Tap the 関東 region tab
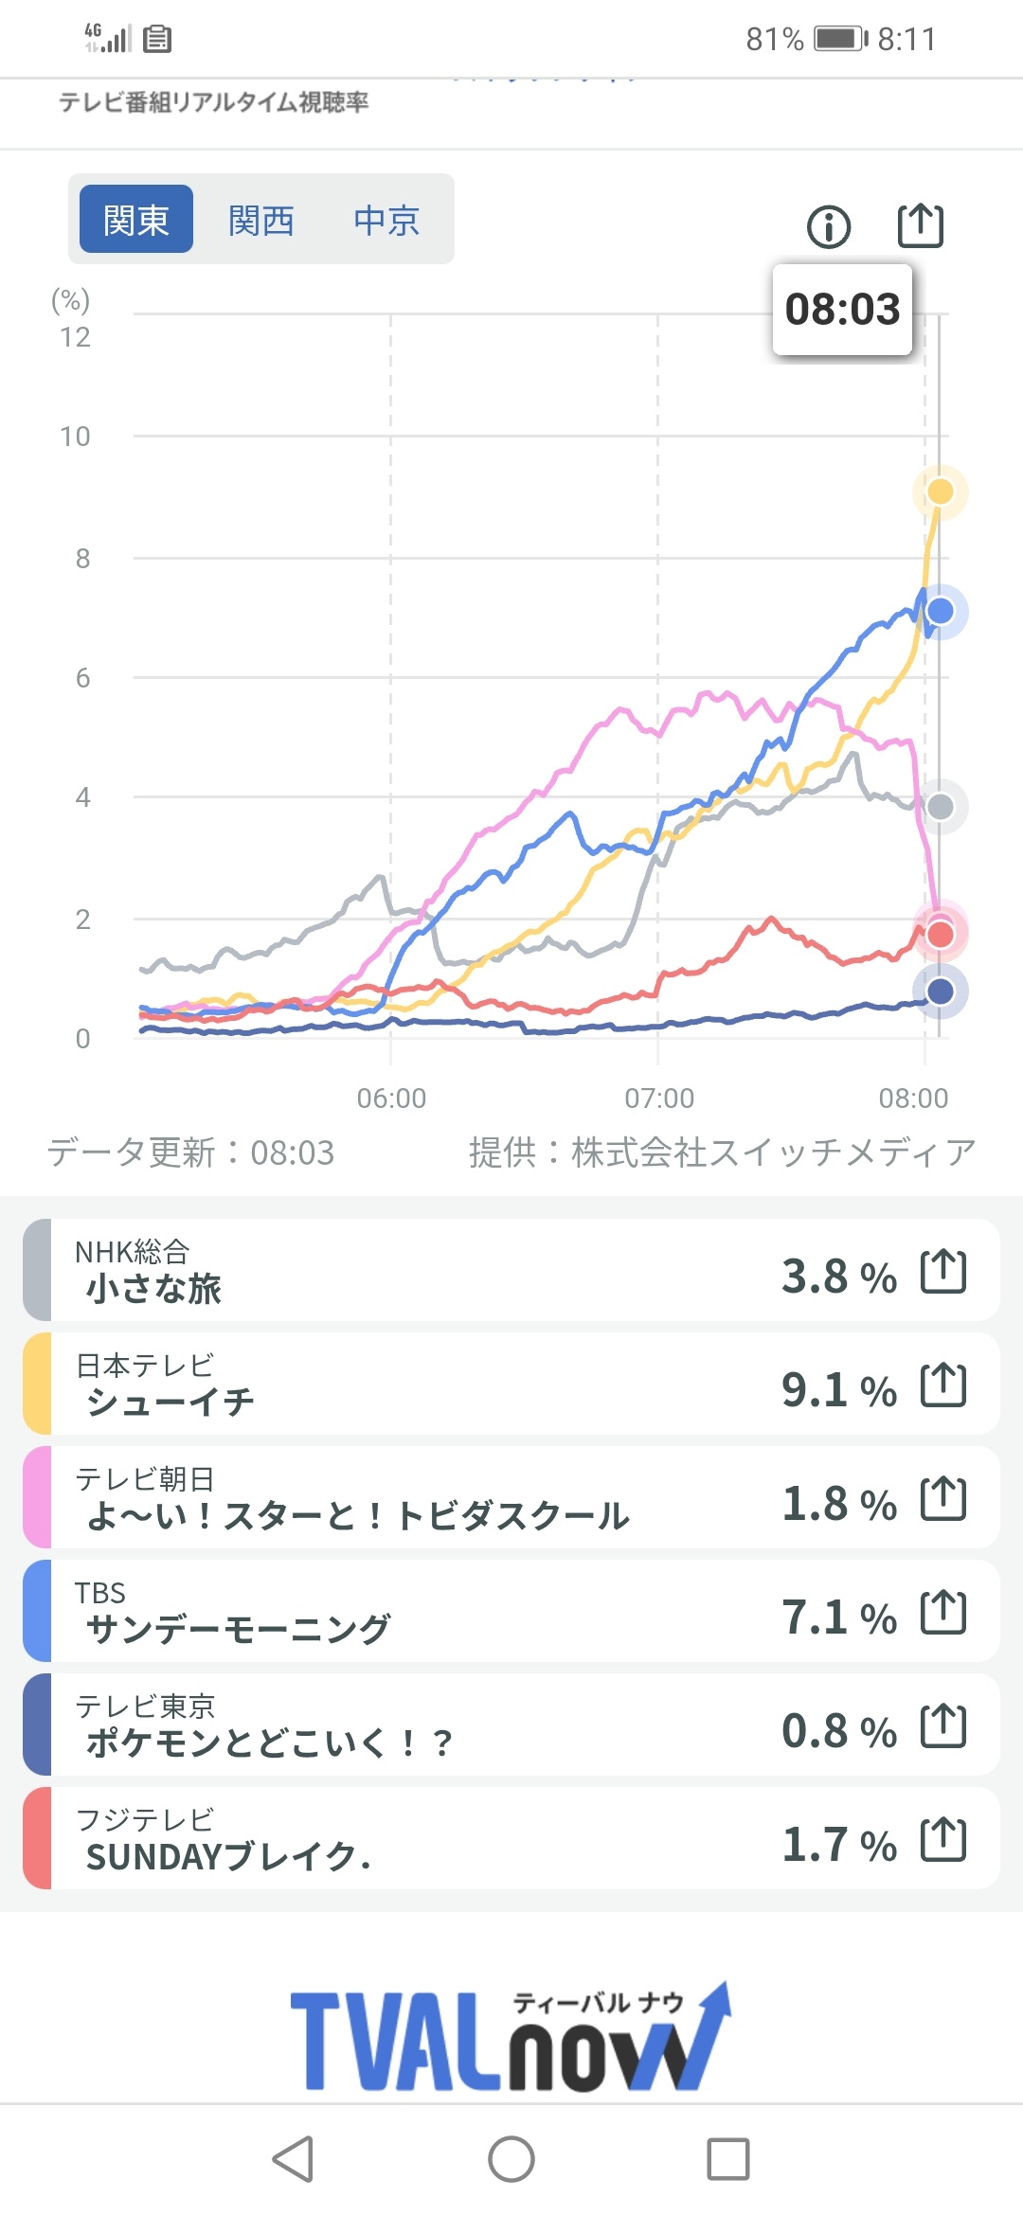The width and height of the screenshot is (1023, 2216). [x=136, y=220]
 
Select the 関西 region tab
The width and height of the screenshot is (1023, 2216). [x=261, y=220]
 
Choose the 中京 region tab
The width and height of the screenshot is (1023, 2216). [x=386, y=220]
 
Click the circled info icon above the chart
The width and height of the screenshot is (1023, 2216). [x=829, y=227]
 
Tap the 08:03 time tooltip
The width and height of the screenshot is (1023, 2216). [x=842, y=310]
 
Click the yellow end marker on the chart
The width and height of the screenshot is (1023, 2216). [x=940, y=491]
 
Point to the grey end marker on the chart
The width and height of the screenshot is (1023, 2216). [x=941, y=807]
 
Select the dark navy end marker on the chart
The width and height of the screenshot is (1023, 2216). [x=941, y=992]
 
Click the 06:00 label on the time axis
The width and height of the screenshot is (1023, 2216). [x=391, y=1098]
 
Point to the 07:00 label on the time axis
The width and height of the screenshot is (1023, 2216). [x=659, y=1098]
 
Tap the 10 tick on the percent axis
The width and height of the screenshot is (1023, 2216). [x=75, y=437]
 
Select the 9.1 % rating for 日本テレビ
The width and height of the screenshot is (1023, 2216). [x=838, y=1390]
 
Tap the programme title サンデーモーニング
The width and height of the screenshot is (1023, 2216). [x=238, y=1629]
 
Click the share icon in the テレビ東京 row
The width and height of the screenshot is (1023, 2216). [x=943, y=1725]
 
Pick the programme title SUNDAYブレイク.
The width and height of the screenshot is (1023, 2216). [x=227, y=1856]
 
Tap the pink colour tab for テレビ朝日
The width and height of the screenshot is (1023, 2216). [x=37, y=1497]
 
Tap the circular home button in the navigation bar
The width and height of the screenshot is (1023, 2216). [x=511, y=2159]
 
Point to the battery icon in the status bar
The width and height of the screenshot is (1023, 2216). [x=841, y=39]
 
